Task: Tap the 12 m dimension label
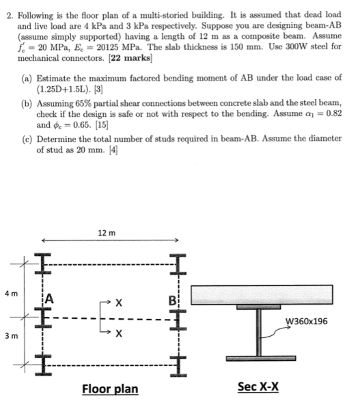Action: (108, 233)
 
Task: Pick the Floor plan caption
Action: (109, 389)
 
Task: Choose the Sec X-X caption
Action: (257, 386)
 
